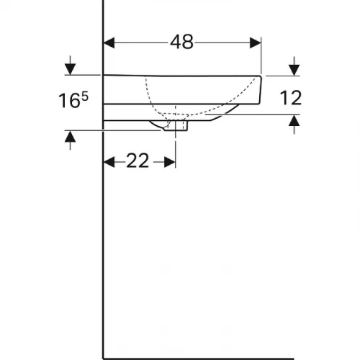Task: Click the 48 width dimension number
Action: coord(182,42)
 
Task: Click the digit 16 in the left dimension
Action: coord(69,101)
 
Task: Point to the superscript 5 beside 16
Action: coord(85,96)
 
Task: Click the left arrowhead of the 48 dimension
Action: coord(110,42)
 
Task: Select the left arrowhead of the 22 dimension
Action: coord(110,161)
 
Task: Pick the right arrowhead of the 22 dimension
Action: coord(171,161)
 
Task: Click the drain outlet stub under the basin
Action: coord(178,126)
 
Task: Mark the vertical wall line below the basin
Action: coord(104,252)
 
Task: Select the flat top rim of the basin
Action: coord(180,76)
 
